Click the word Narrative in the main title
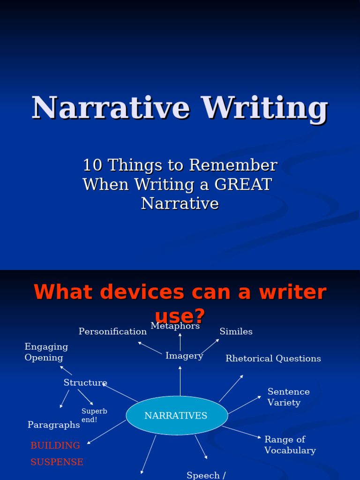click(111, 108)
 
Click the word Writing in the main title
click(265, 108)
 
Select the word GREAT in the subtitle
click(243, 184)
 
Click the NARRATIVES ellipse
click(177, 416)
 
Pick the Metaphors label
click(175, 326)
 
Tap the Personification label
click(112, 332)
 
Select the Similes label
click(236, 332)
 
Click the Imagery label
click(184, 356)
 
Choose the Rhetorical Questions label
click(273, 359)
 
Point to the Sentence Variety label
click(288, 397)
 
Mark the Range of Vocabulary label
click(290, 445)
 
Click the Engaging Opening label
click(46, 352)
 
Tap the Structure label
click(85, 383)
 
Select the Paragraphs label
click(53, 425)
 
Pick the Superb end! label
click(94, 415)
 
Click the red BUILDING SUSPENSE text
click(57, 454)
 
